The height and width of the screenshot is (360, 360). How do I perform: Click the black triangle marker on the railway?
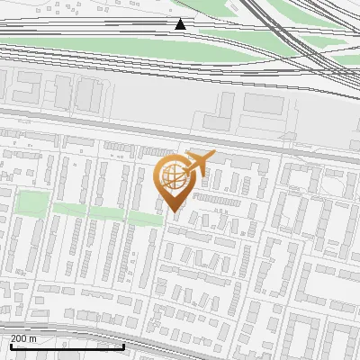pyautogui.click(x=180, y=24)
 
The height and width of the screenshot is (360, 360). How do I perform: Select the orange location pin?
pyautogui.click(x=174, y=180)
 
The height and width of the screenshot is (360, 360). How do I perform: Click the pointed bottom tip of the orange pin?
pyautogui.click(x=174, y=211)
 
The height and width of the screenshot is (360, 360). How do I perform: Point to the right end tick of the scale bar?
pyautogui.click(x=123, y=343)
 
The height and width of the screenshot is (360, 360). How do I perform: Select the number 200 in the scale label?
pyautogui.click(x=20, y=338)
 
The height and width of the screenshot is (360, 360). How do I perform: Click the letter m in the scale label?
pyautogui.click(x=33, y=338)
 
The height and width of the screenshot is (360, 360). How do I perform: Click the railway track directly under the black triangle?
pyautogui.click(x=180, y=33)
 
